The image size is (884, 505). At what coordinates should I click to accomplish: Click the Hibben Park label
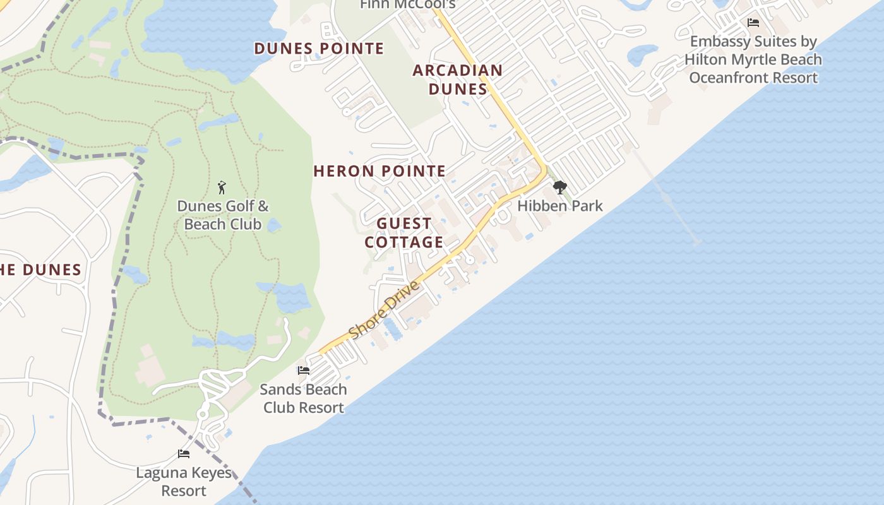coord(560,206)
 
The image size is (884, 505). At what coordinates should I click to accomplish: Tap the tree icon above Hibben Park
coord(559,187)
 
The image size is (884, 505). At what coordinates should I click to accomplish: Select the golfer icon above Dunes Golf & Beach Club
coord(222,187)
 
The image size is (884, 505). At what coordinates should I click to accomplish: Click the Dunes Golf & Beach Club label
coord(222,215)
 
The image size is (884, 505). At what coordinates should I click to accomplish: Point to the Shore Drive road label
coord(384,310)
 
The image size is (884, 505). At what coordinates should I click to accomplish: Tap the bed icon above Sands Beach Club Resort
coord(304,371)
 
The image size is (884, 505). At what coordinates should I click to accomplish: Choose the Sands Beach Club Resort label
coord(304,398)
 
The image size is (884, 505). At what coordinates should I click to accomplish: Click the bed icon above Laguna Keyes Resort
coord(184,454)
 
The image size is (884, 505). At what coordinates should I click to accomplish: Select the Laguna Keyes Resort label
coord(184,482)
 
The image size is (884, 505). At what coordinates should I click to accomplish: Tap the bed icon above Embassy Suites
coord(753,23)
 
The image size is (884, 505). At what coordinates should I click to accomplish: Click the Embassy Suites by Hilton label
coord(753,59)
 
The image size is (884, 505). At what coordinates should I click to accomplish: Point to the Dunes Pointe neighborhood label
coord(319,49)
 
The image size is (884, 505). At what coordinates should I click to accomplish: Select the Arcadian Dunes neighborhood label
coord(458,80)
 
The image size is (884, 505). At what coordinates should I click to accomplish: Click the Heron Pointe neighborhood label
coord(379,171)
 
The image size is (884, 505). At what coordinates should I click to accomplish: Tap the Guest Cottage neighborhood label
coord(404,233)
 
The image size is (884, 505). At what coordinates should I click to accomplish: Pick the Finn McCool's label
coord(407,5)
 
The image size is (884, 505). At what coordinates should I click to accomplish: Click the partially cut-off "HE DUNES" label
coord(40,270)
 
